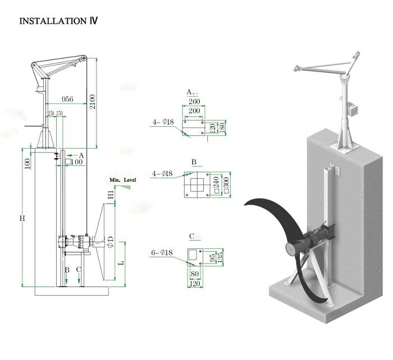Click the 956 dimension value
pyautogui.click(x=67, y=99)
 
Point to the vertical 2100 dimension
pyautogui.click(x=92, y=101)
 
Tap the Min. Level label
pyautogui.click(x=123, y=179)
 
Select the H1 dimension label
pyautogui.click(x=111, y=195)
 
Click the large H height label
pyautogui.click(x=22, y=218)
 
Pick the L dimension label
pyautogui.click(x=121, y=262)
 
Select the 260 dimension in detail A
pyautogui.click(x=194, y=101)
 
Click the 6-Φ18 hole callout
pyautogui.click(x=161, y=253)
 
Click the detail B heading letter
pyautogui.click(x=194, y=162)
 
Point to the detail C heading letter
pyautogui.click(x=192, y=236)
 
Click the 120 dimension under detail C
pyautogui.click(x=194, y=284)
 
